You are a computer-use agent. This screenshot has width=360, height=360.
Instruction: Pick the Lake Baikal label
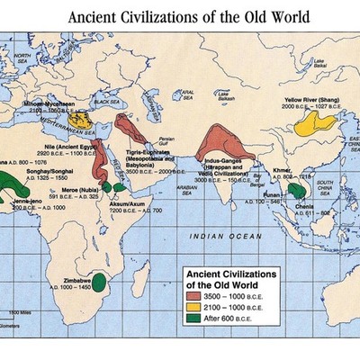point(319,63)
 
